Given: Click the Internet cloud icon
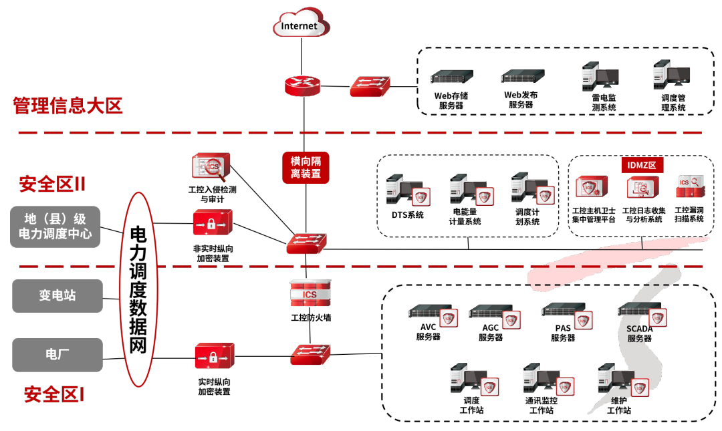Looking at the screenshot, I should (301, 24).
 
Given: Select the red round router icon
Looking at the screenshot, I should (302, 86).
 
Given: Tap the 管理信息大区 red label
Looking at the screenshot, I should (68, 106).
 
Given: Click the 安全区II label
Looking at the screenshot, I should (52, 184).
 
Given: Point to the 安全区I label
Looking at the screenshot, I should (54, 394).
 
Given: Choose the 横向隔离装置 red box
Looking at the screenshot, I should (306, 168).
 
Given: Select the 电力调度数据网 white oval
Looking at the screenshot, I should (138, 289).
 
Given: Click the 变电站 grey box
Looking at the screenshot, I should (57, 295).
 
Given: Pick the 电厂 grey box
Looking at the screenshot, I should (57, 355).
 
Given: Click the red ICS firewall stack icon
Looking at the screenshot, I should (310, 293).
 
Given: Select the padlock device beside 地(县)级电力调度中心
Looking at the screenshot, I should (212, 223).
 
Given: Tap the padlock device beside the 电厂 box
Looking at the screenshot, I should (214, 355).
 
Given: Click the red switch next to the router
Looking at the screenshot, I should (370, 86).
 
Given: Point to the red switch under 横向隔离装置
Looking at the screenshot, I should (306, 243).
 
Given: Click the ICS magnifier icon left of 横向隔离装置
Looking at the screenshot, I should (211, 166).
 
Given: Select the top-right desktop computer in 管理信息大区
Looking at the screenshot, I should (671, 75).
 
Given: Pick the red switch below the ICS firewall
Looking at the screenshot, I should (310, 354).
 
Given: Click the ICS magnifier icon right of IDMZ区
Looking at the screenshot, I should (691, 186).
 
